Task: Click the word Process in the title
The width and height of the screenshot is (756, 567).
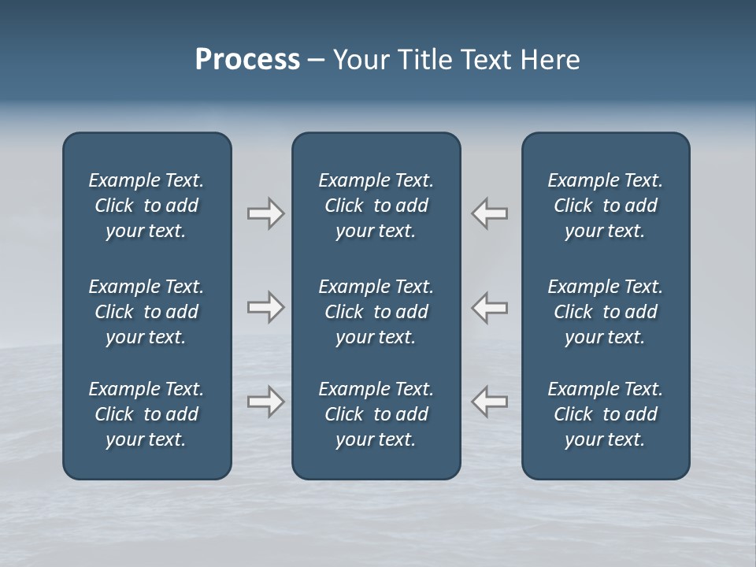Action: [247, 60]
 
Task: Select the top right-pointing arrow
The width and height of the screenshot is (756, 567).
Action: [265, 213]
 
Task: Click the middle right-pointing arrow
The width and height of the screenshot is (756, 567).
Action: [265, 307]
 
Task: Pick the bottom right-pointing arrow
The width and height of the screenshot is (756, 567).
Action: [265, 402]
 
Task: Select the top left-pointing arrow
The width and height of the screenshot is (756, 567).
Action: [490, 213]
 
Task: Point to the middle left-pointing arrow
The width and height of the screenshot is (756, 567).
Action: [490, 307]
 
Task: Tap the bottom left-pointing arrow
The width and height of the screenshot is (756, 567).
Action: [490, 402]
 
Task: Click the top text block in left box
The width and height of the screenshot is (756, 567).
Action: [146, 206]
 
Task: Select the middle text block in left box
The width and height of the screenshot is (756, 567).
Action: [146, 312]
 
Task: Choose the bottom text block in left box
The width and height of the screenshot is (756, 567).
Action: [146, 414]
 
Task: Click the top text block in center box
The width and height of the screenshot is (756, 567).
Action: [376, 206]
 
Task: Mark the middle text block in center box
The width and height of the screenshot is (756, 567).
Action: [376, 312]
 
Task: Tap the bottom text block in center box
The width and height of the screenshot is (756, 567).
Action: [376, 414]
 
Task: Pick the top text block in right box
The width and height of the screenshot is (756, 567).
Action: [605, 206]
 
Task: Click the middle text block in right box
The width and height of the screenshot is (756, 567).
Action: [605, 312]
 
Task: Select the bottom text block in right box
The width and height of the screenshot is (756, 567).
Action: [605, 414]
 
